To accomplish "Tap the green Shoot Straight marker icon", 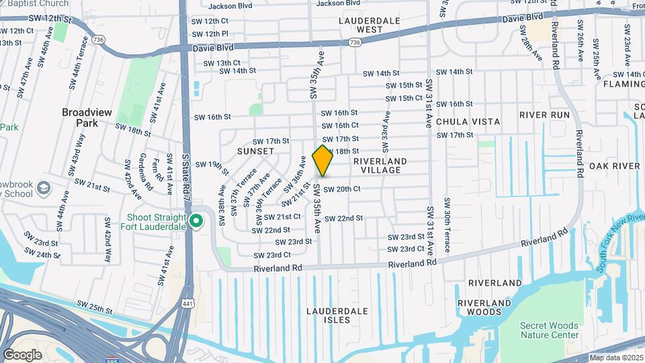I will [x=196, y=220].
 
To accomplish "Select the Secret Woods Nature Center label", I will [x=549, y=330].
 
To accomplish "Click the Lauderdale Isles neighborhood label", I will [x=337, y=315].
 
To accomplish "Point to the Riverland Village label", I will [x=380, y=165].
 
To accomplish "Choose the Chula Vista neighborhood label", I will [x=468, y=122].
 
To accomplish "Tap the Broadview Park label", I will [x=91, y=118].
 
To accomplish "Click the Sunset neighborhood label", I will [x=256, y=151].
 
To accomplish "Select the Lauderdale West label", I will [x=369, y=25].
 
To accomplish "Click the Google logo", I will [x=22, y=354].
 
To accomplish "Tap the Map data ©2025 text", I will [x=616, y=358].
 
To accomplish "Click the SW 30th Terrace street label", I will [x=446, y=220].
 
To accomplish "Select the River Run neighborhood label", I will [x=544, y=115].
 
